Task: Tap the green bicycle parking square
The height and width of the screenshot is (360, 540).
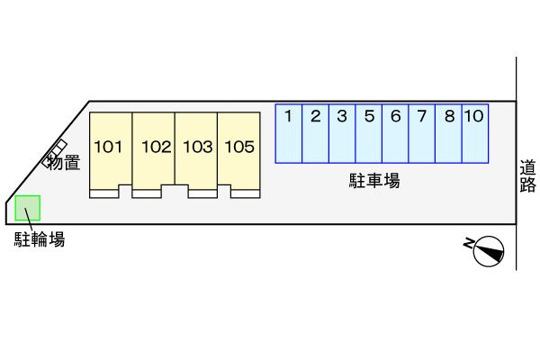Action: pos(28,208)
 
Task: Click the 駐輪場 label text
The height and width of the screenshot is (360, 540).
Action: pos(39,239)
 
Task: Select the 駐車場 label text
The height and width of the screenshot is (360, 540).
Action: pos(374,181)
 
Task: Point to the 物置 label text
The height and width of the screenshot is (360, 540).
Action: pos(64,163)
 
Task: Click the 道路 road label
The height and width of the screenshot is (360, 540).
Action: pos(527,176)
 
